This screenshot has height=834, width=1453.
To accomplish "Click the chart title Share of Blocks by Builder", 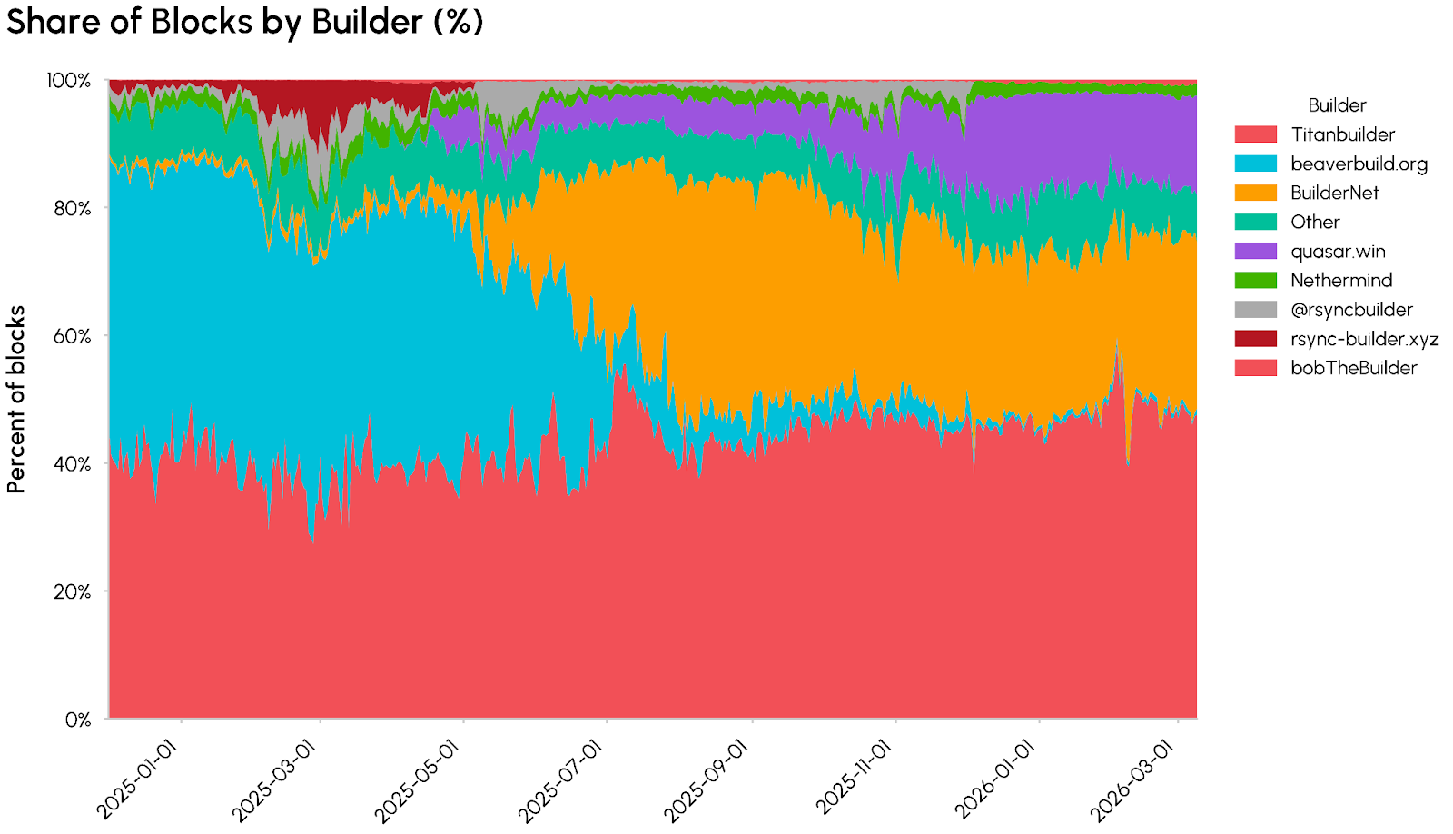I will (244, 21).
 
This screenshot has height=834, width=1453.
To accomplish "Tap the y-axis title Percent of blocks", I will (16, 400).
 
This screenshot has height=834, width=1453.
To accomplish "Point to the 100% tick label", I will (69, 81).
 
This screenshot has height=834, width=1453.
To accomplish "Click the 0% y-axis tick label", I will (77, 720).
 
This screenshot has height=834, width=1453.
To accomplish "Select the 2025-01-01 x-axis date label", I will (138, 779).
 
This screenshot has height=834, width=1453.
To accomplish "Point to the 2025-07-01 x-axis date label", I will (561, 779).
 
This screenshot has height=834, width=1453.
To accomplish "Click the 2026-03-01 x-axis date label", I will (1132, 779).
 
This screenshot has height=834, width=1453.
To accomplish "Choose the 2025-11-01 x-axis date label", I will (854, 779).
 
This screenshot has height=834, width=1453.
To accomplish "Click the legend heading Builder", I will (1337, 105).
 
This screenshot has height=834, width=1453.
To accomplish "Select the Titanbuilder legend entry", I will (1342, 134).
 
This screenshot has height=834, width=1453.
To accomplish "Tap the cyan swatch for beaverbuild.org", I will (1255, 164).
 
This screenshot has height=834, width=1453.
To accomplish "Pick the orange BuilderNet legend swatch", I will (1255, 193).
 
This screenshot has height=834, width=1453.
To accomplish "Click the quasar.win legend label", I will (1338, 252).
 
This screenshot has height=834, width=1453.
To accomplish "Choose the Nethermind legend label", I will (1341, 281).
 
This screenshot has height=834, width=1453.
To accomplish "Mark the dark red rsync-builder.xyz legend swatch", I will (1255, 339).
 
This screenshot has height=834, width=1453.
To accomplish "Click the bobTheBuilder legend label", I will (1353, 368).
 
